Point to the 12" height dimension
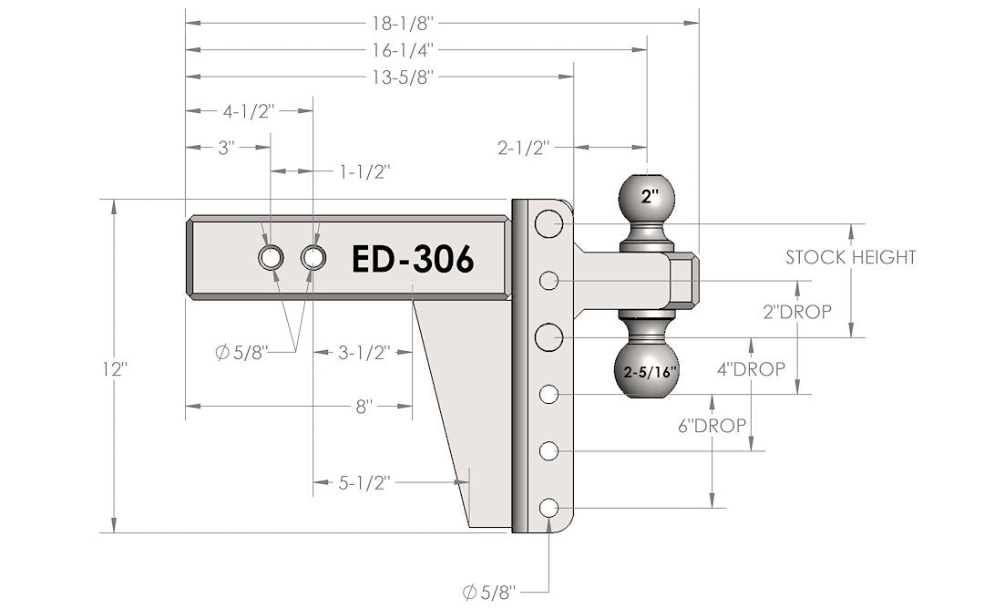pos(118,369)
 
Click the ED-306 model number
pos(413,260)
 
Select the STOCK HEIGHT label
pos(850,257)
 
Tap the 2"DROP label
pos(797,312)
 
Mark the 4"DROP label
pos(752,369)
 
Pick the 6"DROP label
pos(712,425)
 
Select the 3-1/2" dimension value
pos(363,352)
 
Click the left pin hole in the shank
pos(270,258)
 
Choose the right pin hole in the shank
pos(313,258)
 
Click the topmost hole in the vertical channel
pos(548,223)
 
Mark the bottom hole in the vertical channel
pos(548,508)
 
